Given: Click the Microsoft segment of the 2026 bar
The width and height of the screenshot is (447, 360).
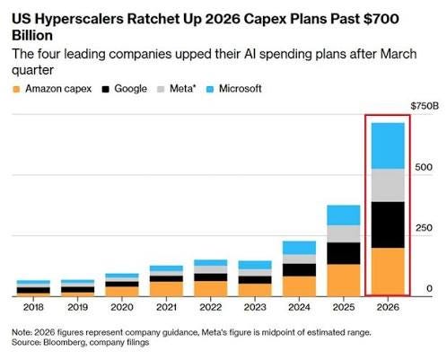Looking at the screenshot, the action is click(388, 146).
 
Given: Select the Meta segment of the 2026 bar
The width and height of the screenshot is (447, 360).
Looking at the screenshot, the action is click(388, 186).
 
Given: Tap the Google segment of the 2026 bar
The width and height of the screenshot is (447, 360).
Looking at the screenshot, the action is click(388, 224).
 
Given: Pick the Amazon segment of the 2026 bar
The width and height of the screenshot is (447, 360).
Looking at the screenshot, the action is click(388, 272).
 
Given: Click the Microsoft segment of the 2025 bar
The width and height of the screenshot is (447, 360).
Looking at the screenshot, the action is click(344, 215).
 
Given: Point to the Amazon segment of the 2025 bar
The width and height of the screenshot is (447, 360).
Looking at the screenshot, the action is click(344, 280).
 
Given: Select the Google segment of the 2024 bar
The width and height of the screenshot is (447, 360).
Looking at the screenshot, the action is click(299, 270).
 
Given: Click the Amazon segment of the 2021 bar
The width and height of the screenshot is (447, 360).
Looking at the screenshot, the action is click(166, 289).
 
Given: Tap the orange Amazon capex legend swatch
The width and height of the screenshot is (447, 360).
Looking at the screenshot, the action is click(16, 89).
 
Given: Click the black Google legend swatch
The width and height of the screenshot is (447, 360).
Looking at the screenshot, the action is click(106, 89).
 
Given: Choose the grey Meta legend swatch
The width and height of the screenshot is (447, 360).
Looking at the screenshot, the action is click(161, 89).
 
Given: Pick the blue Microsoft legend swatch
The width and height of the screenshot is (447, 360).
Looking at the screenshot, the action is click(210, 89).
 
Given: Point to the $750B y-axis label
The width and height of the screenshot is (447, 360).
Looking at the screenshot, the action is click(425, 106).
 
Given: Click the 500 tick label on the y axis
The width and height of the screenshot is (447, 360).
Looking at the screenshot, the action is click(424, 167).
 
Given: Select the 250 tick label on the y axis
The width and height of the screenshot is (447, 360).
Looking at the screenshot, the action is click(424, 228).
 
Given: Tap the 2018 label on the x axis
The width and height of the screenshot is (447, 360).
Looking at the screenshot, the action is click(33, 307).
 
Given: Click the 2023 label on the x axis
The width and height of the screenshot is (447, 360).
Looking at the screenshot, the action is click(255, 307).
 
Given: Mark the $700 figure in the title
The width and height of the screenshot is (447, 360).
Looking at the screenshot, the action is click(381, 19).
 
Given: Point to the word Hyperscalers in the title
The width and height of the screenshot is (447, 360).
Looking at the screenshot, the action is click(79, 20).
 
